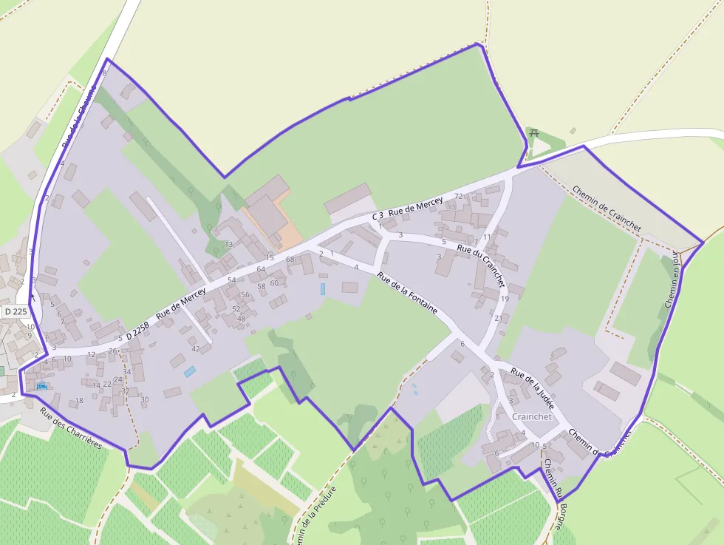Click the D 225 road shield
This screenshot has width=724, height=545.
(x=15, y=311)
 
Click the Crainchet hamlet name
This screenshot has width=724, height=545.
(x=531, y=416)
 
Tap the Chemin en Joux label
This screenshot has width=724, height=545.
(x=672, y=281)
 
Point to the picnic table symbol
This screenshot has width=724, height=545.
(x=534, y=133)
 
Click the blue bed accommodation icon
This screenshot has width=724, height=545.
(x=41, y=385)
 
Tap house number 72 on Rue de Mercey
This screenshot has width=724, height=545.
(x=459, y=196)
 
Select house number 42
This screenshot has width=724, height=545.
(x=196, y=348)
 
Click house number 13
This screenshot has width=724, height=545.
(x=228, y=244)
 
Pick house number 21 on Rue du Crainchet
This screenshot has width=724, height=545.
(x=498, y=318)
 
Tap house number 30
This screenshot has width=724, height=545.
(x=145, y=399)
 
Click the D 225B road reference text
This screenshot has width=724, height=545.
(x=137, y=331)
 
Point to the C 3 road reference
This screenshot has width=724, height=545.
(x=378, y=215)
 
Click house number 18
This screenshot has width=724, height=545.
(x=79, y=401)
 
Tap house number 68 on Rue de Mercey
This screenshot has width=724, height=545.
(x=290, y=259)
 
